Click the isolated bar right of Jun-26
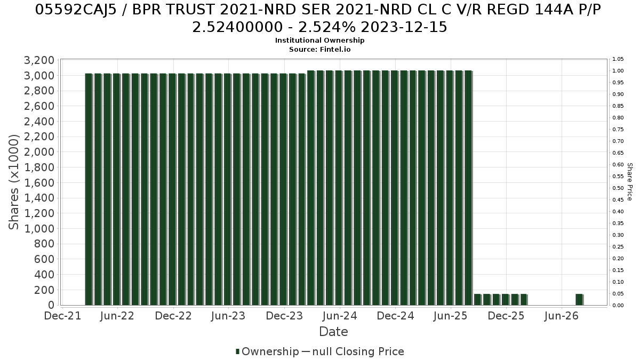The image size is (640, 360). [579, 299]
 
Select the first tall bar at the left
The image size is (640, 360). [89, 189]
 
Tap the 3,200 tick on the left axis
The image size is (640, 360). [39, 60]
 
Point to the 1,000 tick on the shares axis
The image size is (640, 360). [39, 229]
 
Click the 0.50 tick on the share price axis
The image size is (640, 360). [618, 188]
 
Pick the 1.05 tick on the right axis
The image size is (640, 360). [618, 59]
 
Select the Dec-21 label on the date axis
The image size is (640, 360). [62, 316]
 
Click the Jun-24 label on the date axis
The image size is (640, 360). [340, 316]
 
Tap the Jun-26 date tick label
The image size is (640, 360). [562, 316]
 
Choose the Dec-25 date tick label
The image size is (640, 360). [506, 316]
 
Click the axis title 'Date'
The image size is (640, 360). [333, 332]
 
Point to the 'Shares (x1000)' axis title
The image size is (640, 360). [13, 182]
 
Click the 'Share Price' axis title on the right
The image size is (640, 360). [630, 182]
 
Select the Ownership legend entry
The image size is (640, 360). [267, 351]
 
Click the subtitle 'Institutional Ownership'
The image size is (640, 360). [319, 41]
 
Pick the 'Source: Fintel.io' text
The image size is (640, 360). [319, 50]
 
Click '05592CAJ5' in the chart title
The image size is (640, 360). [76, 10]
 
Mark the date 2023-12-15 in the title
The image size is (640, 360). [404, 27]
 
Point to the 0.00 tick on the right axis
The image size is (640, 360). [618, 306]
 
